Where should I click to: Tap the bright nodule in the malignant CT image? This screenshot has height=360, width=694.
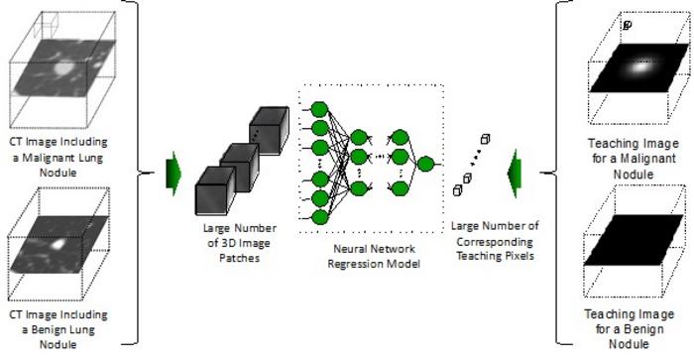tap(63, 71)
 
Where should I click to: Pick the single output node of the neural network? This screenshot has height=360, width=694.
tap(425, 164)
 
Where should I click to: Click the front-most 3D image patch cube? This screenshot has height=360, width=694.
tap(218, 189)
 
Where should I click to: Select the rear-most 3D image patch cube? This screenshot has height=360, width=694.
tap(268, 127)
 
